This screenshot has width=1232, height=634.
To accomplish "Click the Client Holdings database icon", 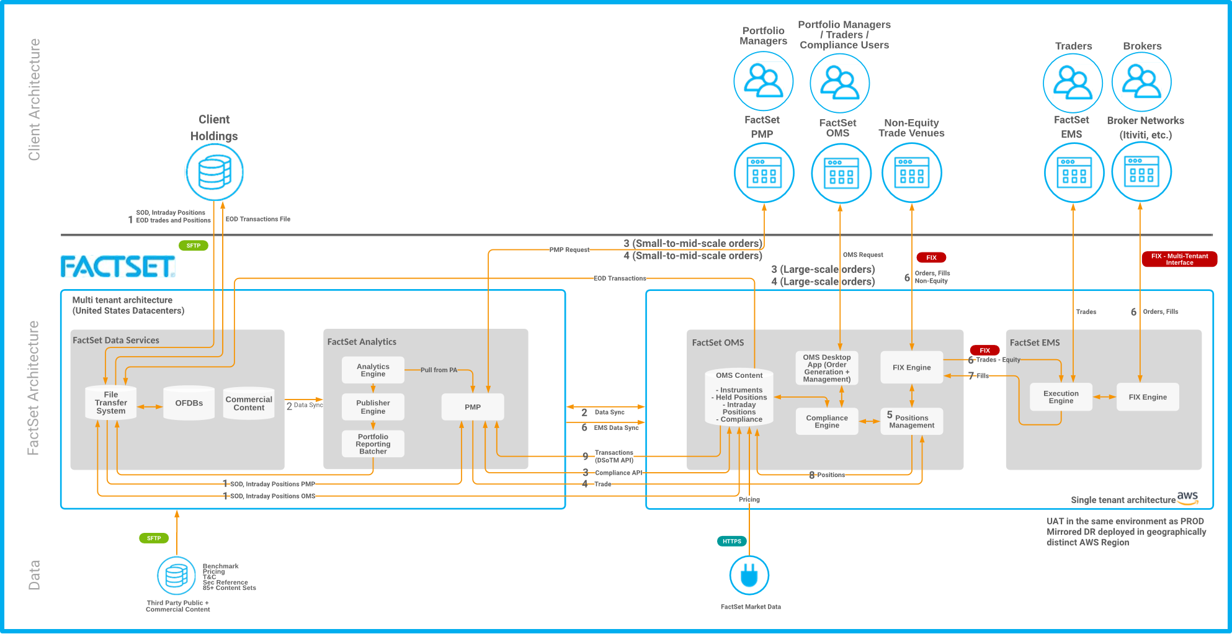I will click(x=215, y=172).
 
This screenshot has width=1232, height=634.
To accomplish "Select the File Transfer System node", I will click(x=111, y=403).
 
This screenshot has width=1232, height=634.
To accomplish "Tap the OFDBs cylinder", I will click(x=189, y=403).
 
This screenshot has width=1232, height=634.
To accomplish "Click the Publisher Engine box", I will click(x=373, y=407).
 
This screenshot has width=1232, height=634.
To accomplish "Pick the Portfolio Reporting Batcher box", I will click(x=373, y=444).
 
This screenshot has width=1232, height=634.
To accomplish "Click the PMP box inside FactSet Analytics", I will click(x=473, y=407).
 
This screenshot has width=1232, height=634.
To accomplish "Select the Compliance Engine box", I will click(x=827, y=422).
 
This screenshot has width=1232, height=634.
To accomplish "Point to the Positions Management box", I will click(x=911, y=421).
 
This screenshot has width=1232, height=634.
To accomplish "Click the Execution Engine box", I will click(x=1061, y=397).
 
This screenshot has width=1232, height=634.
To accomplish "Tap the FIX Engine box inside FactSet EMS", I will click(x=1148, y=397).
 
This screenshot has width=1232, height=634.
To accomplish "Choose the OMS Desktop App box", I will click(x=827, y=368).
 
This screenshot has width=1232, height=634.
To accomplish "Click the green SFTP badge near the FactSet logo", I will click(x=194, y=246).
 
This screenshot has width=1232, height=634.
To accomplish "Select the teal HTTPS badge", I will click(x=732, y=542).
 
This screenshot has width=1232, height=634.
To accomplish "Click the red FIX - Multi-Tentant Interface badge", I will click(x=1179, y=259).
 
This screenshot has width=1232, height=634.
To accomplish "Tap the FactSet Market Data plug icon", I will click(x=749, y=575).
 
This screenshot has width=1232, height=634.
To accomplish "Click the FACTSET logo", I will click(x=118, y=267).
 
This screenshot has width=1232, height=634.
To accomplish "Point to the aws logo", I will click(x=1187, y=498).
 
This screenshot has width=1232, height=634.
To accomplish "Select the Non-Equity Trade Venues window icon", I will click(x=912, y=172).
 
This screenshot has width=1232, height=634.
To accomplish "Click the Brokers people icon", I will click(x=1141, y=82).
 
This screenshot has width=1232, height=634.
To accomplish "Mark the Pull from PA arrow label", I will click(x=439, y=370).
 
